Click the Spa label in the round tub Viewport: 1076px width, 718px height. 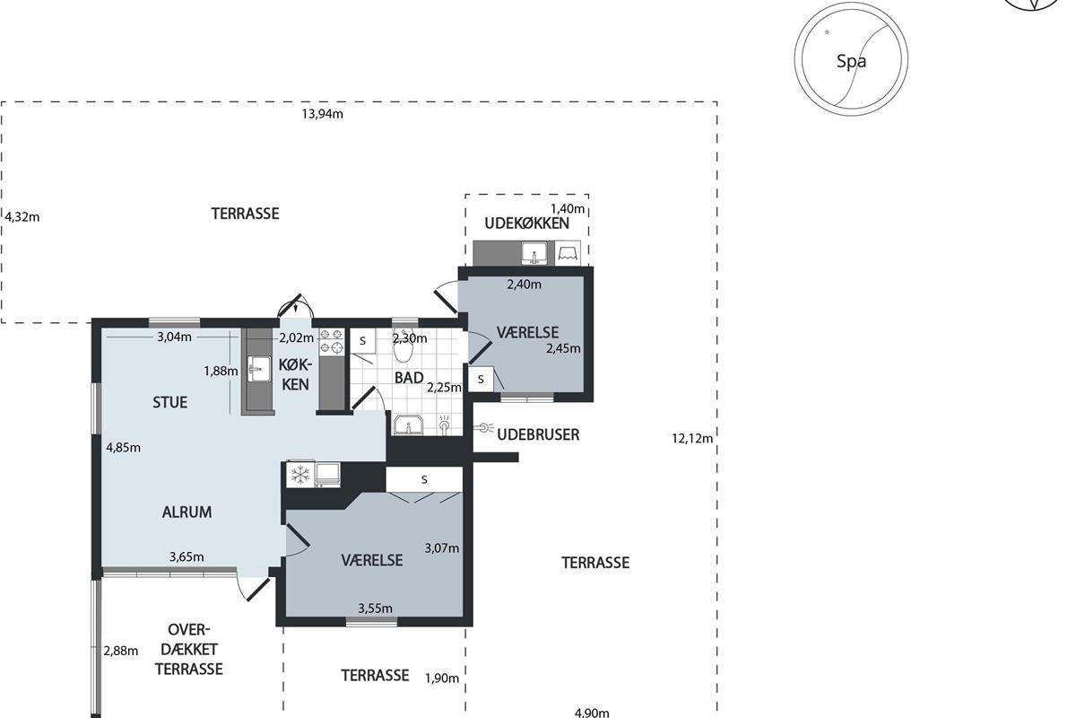tap(851, 62)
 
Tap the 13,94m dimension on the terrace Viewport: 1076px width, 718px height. tap(322, 114)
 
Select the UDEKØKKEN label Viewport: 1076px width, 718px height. tap(526, 223)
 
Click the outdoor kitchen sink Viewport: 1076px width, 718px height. tap(534, 253)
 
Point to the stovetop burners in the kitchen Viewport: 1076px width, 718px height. tap(332, 341)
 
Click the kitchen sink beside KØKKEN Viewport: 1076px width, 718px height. tap(259, 370)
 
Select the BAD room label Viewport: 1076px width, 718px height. tap(409, 378)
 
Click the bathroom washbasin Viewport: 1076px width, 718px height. tap(408, 425)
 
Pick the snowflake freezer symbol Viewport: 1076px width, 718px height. tap(300, 475)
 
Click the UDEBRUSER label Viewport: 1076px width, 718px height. tap(538, 434)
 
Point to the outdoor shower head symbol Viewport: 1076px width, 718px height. tap(483, 427)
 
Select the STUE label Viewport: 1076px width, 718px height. tap(170, 402)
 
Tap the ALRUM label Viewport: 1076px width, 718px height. tap(187, 512)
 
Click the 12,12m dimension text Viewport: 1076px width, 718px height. tap(692, 438)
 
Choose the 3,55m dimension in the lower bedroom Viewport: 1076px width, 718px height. tap(375, 609)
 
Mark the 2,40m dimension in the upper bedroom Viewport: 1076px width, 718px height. tap(524, 285)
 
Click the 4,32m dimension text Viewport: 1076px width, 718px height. tap(22, 217)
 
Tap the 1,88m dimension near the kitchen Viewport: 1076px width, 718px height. tap(221, 371)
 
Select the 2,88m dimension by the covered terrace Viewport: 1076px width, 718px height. tap(121, 651)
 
